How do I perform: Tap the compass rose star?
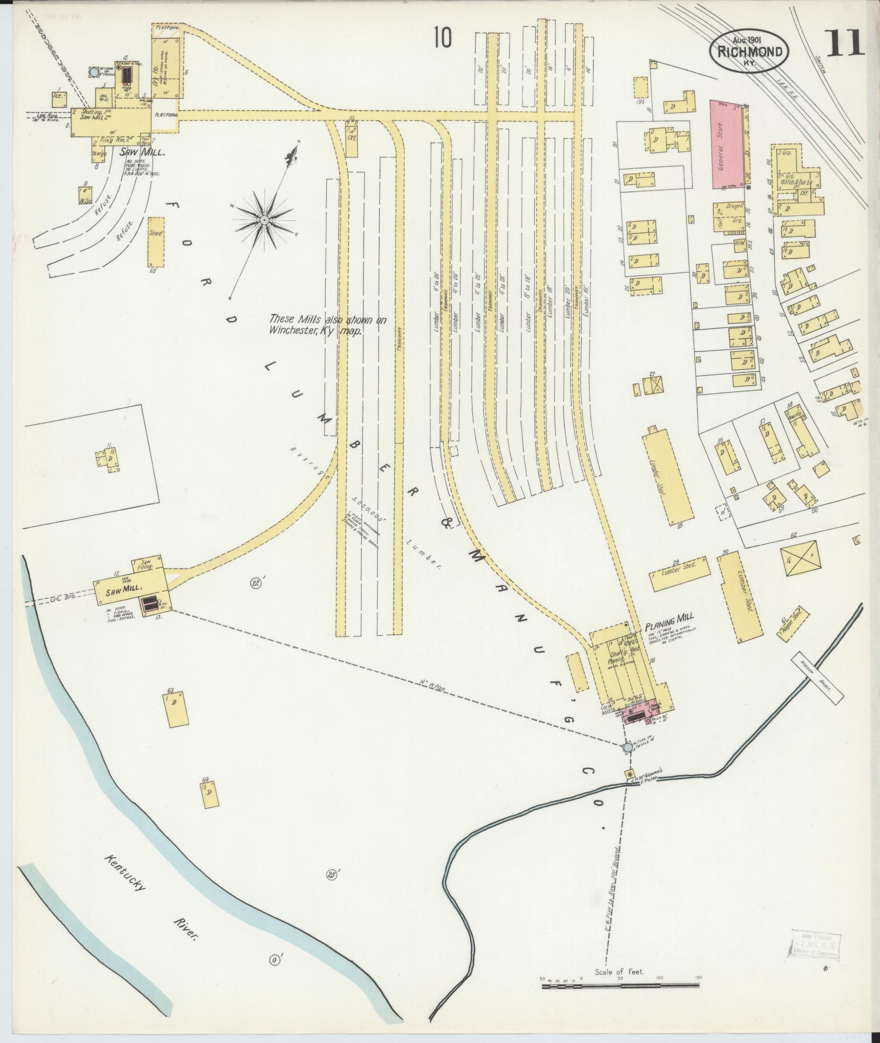(x=264, y=220)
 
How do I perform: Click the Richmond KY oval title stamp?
(x=750, y=52)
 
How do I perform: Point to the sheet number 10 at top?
(x=443, y=38)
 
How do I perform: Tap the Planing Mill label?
(x=669, y=618)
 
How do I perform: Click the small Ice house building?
(x=58, y=99)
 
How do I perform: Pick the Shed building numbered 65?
(x=155, y=240)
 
